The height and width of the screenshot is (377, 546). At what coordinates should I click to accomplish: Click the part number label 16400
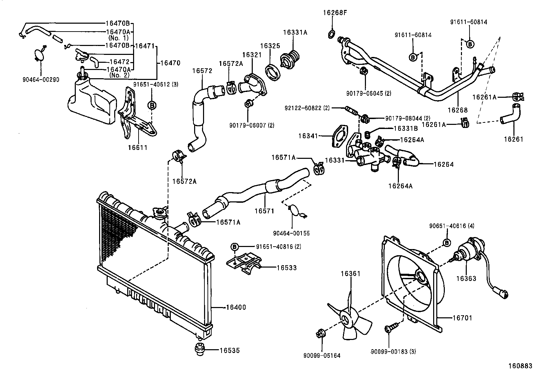click(x=236, y=308)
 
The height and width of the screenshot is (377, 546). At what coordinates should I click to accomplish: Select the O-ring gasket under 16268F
click(x=332, y=34)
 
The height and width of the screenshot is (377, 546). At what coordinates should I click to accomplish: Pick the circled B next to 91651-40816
click(x=234, y=246)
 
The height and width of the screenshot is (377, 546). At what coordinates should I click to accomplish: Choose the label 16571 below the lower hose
click(x=264, y=211)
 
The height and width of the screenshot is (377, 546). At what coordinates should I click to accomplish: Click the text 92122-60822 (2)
click(x=307, y=108)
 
